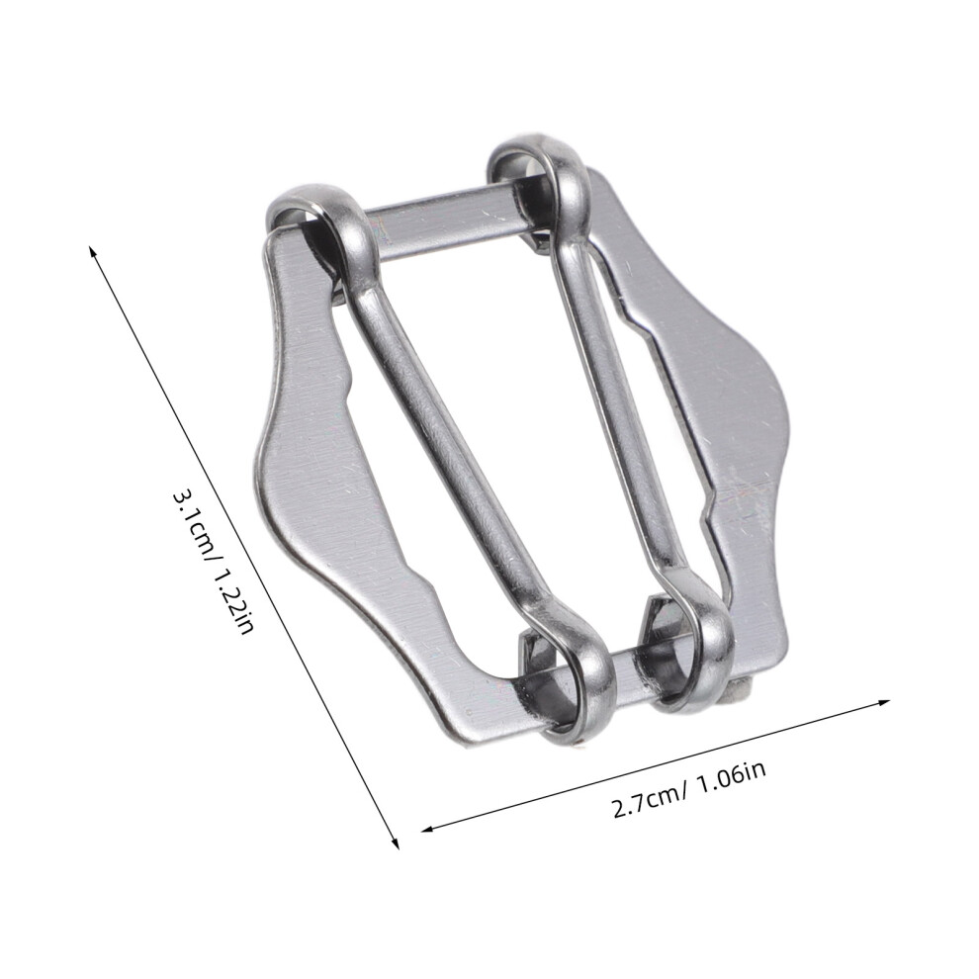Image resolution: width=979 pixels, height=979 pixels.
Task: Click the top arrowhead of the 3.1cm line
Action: [x=93, y=250]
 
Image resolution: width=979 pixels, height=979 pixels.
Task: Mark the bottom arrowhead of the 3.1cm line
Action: [x=395, y=843]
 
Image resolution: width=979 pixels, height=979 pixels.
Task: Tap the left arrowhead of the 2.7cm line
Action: [x=428, y=829]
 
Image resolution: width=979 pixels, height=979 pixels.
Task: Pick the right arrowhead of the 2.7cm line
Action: [x=882, y=703]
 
